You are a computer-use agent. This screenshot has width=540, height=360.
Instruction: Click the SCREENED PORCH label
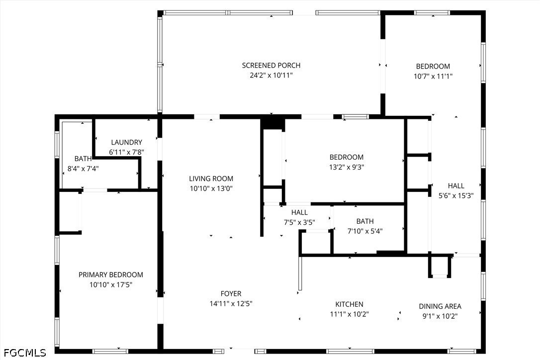[271, 66]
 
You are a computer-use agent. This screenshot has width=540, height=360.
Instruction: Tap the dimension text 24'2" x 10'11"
[271, 76]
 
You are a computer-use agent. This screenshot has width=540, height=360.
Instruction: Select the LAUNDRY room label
[126, 142]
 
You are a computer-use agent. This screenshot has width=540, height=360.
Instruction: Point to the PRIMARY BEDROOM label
[110, 275]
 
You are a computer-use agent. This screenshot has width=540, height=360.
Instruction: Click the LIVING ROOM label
[211, 179]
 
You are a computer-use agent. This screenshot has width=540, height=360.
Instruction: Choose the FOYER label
[231, 294]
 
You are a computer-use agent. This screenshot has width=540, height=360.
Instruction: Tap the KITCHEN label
[349, 304]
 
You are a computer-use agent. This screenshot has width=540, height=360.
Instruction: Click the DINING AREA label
[440, 306]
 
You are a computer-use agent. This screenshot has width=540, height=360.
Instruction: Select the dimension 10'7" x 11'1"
[433, 77]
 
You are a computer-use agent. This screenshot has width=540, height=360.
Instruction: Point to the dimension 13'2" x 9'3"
[347, 168]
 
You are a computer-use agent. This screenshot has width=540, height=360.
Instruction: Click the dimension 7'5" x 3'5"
[299, 223]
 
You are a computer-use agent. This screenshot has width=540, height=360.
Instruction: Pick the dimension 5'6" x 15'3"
[456, 196]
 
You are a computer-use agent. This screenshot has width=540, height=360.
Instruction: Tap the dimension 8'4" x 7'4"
[83, 169]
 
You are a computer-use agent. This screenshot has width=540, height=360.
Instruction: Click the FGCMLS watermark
[24, 353]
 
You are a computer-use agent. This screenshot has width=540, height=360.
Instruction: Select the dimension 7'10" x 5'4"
[364, 231]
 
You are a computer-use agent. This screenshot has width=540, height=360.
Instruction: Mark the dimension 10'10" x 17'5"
[110, 285]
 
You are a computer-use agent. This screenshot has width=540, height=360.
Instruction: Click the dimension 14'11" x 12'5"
[231, 304]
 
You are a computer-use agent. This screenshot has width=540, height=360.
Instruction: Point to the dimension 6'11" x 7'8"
[126, 152]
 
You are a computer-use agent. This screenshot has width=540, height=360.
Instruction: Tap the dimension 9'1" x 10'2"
[440, 316]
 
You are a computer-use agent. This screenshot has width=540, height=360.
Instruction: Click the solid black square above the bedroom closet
[272, 123]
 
